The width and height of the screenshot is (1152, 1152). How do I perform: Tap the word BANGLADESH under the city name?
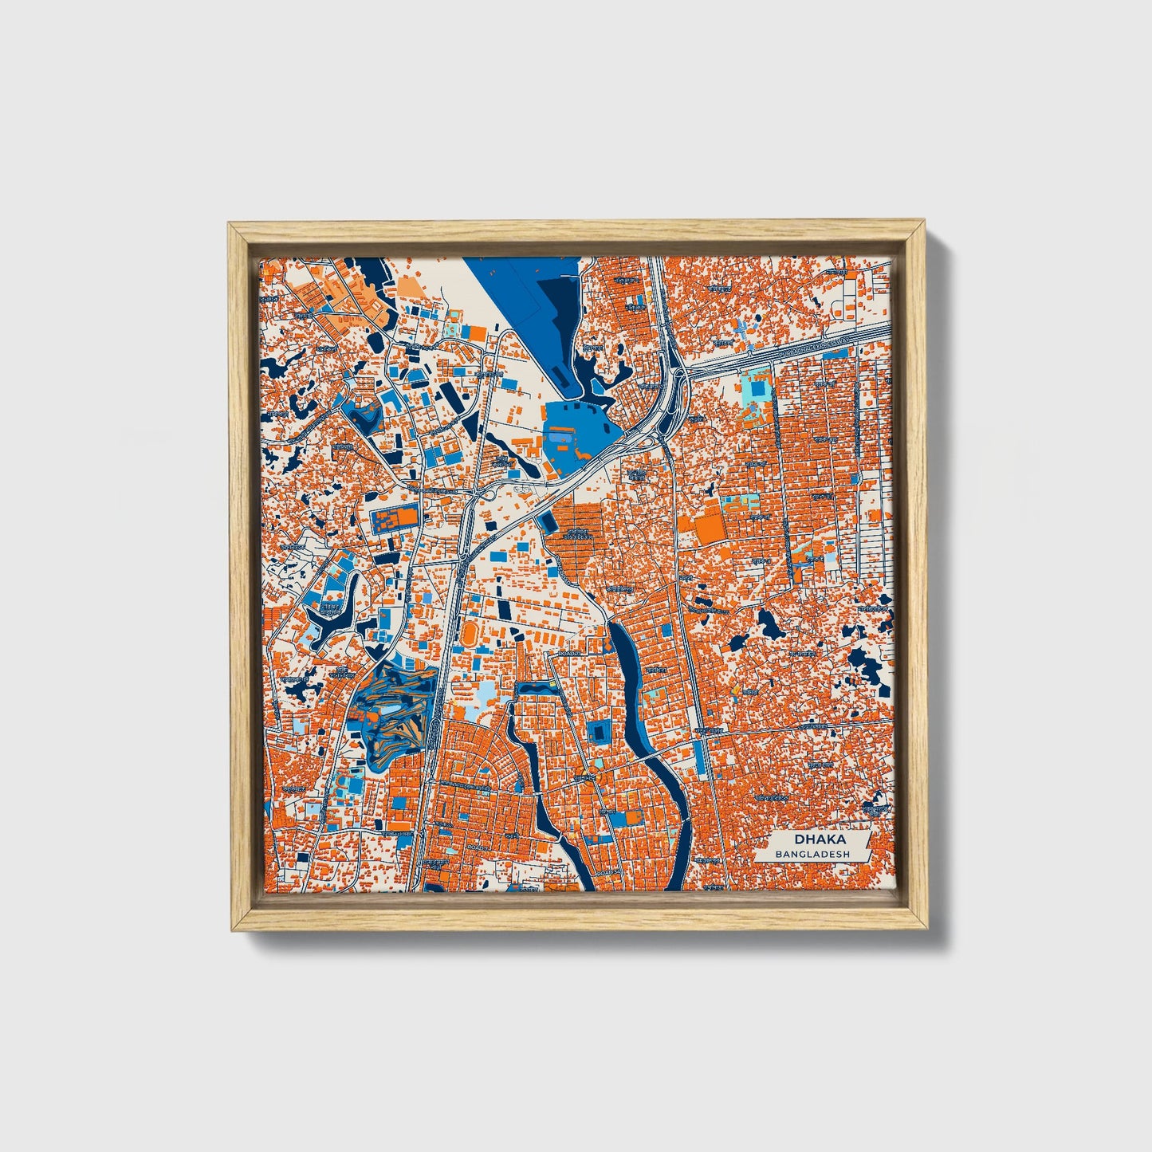(x=811, y=854)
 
